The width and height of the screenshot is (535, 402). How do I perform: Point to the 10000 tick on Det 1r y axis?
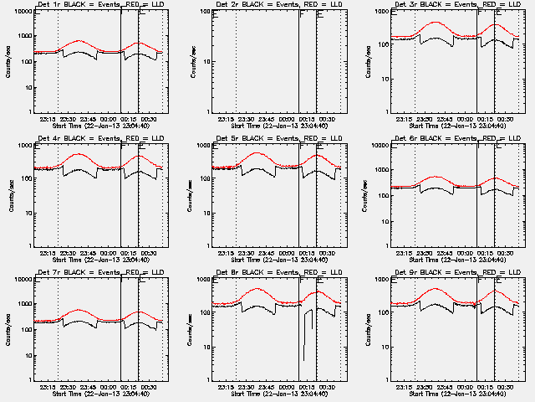[x=23, y=12]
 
